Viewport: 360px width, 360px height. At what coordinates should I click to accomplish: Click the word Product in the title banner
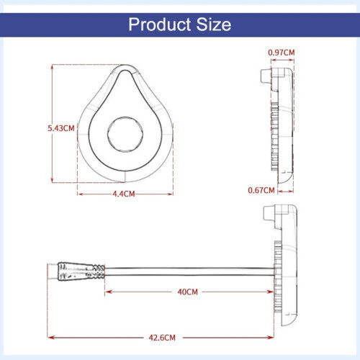pyautogui.click(x=161, y=24)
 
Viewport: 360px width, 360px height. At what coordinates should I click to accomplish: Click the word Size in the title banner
pyautogui.click(x=214, y=24)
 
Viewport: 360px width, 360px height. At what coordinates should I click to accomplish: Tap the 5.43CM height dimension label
pyautogui.click(x=61, y=128)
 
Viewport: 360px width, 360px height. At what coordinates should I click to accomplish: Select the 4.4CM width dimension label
pyautogui.click(x=124, y=194)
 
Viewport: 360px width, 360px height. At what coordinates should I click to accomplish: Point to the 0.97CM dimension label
pyautogui.click(x=282, y=53)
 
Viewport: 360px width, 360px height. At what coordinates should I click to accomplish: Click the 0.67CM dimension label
pyautogui.click(x=261, y=190)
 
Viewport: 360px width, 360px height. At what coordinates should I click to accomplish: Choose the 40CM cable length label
pyautogui.click(x=188, y=292)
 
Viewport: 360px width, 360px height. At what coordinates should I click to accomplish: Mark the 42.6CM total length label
pyautogui.click(x=162, y=338)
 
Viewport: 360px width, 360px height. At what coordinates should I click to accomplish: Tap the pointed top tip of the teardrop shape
pyautogui.click(x=125, y=65)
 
